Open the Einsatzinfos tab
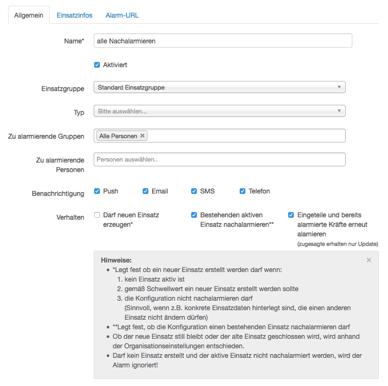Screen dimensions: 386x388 (74, 15)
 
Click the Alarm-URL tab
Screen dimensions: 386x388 (122, 15)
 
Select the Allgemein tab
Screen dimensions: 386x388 (29, 15)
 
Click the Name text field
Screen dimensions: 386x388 (223, 41)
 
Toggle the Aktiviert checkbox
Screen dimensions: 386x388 (97, 65)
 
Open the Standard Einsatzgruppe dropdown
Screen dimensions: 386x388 (219, 87)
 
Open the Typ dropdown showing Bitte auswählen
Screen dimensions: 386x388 (219, 111)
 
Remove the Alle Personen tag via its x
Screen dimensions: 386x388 (143, 136)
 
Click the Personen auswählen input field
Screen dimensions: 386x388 (219, 159)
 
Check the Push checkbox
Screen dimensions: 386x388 (97, 191)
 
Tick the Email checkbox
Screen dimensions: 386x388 (145, 191)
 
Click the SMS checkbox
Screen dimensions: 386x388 (194, 191)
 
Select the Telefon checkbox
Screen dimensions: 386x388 (242, 191)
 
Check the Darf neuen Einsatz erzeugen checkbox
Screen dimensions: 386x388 (97, 215)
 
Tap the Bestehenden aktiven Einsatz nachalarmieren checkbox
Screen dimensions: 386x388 (194, 215)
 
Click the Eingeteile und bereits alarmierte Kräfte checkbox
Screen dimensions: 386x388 (291, 215)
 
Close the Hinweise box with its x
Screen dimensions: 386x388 (369, 260)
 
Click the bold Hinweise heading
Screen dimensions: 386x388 (116, 260)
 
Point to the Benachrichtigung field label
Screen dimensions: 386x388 (58, 193)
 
